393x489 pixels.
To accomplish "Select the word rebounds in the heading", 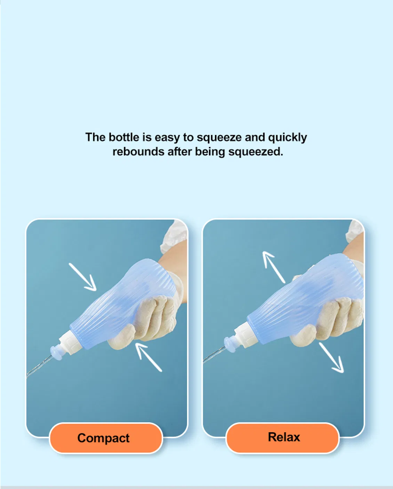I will click(x=138, y=152).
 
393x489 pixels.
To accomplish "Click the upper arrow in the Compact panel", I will click(x=83, y=277).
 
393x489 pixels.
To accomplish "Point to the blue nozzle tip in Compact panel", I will click(x=56, y=352).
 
